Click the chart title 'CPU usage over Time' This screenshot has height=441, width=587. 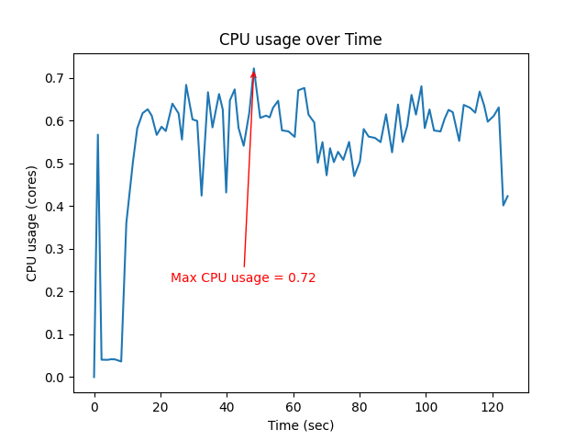pos(300,40)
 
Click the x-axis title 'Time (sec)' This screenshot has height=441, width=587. pos(300,425)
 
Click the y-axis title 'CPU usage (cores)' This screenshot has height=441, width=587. pos(32,223)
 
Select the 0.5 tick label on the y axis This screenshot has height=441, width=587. pos(56,164)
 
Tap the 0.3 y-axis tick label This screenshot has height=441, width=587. pos(56,249)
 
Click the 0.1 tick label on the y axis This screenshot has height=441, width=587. pos(56,334)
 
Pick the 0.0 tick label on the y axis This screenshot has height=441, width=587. pos(56,378)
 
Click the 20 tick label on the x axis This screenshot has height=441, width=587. pos(161,407)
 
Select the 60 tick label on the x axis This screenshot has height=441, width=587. pos(293,407)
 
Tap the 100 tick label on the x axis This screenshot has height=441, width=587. pos(426,407)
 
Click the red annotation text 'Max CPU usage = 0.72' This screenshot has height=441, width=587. pos(243,277)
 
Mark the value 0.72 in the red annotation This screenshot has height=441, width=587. pos(303,277)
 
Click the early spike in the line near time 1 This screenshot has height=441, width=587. pos(97,135)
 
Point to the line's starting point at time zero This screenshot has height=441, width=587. pos(94,377)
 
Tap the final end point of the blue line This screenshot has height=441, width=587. pos(507,196)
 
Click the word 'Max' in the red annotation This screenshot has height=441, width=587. pos(183,277)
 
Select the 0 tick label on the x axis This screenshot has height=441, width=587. pos(94,407)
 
